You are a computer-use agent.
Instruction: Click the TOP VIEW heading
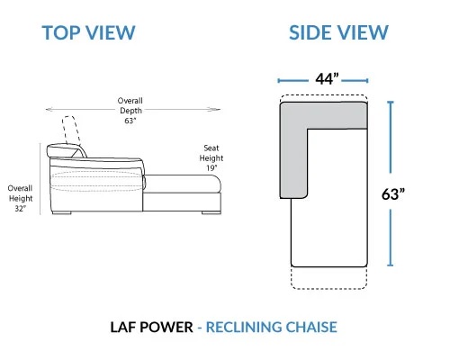pyautogui.click(x=89, y=32)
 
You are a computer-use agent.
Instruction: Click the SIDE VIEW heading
pyautogui.click(x=338, y=32)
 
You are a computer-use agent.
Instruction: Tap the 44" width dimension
pyautogui.click(x=327, y=79)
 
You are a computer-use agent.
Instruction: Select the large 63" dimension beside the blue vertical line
pyautogui.click(x=393, y=194)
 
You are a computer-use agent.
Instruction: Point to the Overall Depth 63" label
pyautogui.click(x=130, y=111)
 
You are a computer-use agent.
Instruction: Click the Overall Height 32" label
pyautogui.click(x=20, y=198)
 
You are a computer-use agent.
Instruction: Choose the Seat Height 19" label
pyautogui.click(x=211, y=157)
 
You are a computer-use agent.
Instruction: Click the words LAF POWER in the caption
pyautogui.click(x=152, y=327)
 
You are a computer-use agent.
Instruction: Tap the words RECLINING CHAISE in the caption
pyautogui.click(x=272, y=327)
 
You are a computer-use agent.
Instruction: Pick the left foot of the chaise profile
pyautogui.click(x=61, y=212)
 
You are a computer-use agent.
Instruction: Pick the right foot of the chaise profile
pyautogui.click(x=211, y=212)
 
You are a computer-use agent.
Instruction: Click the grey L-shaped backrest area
pyautogui.click(x=294, y=150)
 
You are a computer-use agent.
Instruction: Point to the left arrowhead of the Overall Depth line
pyautogui.click(x=48, y=110)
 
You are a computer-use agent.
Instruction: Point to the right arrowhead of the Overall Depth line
pyautogui.click(x=217, y=110)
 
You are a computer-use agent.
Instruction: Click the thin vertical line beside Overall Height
pyautogui.click(x=40, y=179)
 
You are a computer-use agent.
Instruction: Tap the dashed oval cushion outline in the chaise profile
pyautogui.click(x=96, y=181)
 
